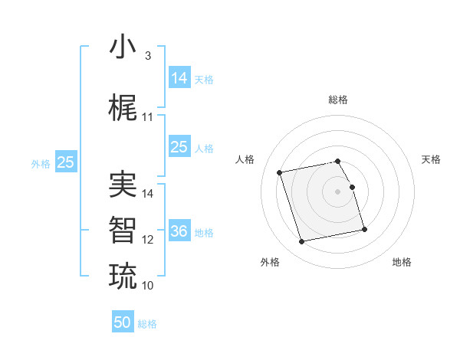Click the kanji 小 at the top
pyautogui.click(x=123, y=47)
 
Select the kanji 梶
pyautogui.click(x=123, y=108)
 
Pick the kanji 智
pyautogui.click(x=123, y=230)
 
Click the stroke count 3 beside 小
pyautogui.click(x=147, y=56)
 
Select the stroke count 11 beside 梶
pyautogui.click(x=148, y=117)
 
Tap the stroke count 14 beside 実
pyautogui.click(x=148, y=194)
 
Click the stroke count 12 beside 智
pyautogui.click(x=148, y=240)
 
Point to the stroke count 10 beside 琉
pyautogui.click(x=148, y=286)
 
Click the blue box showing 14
pyautogui.click(x=179, y=77)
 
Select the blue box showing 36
pyautogui.click(x=179, y=231)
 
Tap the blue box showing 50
pyautogui.click(x=123, y=322)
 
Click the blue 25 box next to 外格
pyautogui.click(x=65, y=162)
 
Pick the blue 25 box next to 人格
pyautogui.click(x=179, y=147)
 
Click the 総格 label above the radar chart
pyautogui.click(x=338, y=100)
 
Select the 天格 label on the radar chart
pyautogui.click(x=431, y=159)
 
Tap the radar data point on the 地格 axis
pyautogui.click(x=364, y=229)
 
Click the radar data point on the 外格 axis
pyautogui.click(x=302, y=241)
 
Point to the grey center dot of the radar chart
pyautogui.click(x=338, y=191)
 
